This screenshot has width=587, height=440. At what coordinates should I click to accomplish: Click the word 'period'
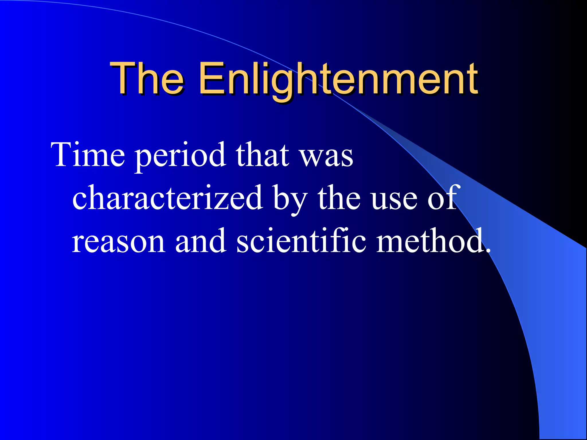coord(180,156)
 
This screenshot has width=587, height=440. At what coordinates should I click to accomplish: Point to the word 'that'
coord(262,155)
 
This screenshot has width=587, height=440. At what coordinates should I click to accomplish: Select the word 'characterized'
coord(167,198)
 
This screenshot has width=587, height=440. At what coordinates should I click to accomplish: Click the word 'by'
coord(289,199)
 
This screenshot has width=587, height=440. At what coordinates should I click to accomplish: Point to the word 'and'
coord(201,241)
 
